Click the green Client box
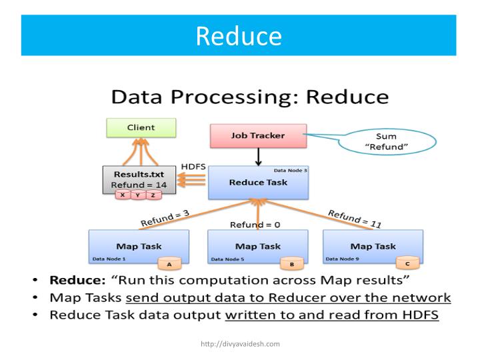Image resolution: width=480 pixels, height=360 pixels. point(141,128)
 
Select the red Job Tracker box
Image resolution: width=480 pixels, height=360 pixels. point(257,136)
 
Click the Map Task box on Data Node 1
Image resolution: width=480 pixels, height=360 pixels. point(139,246)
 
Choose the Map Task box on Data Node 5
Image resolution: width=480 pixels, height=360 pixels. point(257,246)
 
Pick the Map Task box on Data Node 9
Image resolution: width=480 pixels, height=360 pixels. point(373,246)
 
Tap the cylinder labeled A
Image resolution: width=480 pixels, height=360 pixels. point(169,263)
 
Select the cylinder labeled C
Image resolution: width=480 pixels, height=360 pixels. point(407,263)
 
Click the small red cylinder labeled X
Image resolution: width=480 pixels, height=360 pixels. point(123,195)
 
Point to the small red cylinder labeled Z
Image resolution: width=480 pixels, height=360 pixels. point(153,195)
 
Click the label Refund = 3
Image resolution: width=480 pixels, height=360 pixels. point(165,217)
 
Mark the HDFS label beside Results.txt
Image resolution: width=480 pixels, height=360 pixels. point(193,165)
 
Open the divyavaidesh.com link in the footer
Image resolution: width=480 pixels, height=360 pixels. point(240,344)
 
